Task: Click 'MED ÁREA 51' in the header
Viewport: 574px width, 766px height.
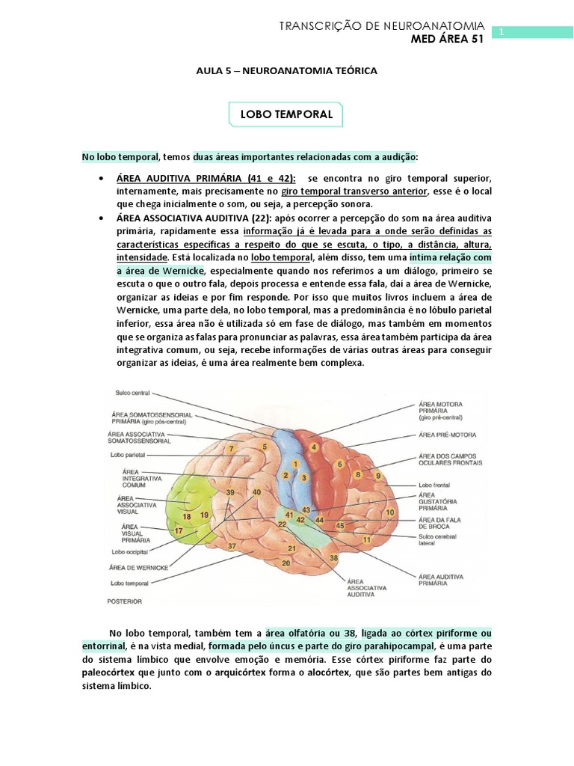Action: click(448, 40)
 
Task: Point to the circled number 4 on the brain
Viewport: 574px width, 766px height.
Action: click(315, 448)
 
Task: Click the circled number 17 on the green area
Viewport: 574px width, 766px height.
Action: click(179, 530)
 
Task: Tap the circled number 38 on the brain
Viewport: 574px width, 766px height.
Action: click(333, 558)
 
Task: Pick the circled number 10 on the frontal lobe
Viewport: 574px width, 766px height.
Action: click(389, 512)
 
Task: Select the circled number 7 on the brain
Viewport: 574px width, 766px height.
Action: click(232, 449)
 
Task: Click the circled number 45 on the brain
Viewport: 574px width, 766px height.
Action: click(340, 526)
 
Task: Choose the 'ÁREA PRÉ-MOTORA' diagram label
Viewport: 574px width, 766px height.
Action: click(448, 434)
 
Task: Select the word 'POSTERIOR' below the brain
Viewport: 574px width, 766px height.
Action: click(124, 600)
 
